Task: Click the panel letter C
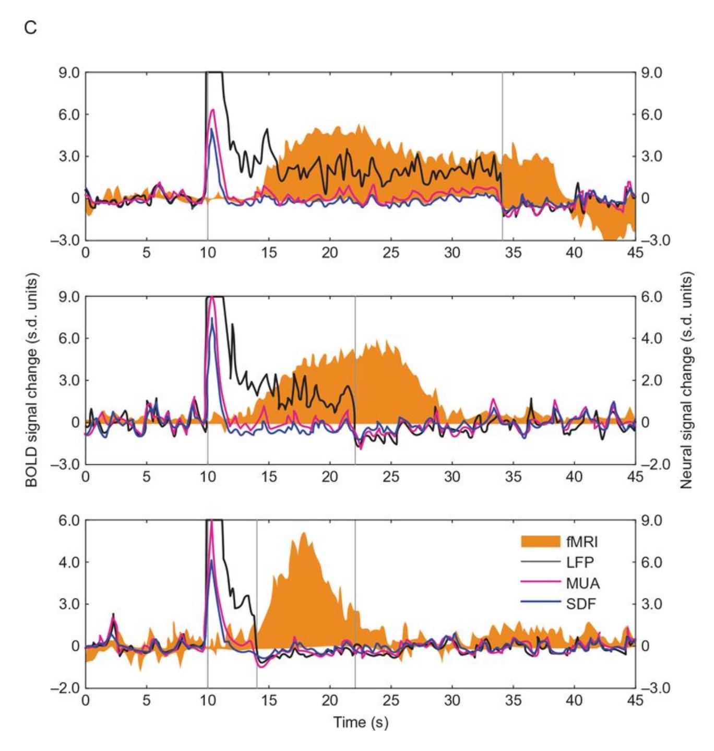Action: point(30,28)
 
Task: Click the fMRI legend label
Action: point(582,542)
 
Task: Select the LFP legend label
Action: point(580,562)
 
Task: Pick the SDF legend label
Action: point(581,604)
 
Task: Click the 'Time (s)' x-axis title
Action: point(361,722)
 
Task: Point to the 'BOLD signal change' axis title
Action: point(32,380)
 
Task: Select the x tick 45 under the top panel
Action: point(635,253)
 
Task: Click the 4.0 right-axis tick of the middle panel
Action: point(651,338)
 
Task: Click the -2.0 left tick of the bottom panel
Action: point(66,688)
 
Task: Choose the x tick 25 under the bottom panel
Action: point(391,700)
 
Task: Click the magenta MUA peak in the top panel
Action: point(212,110)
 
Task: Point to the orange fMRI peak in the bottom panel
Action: point(303,533)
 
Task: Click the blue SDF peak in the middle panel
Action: point(212,319)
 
